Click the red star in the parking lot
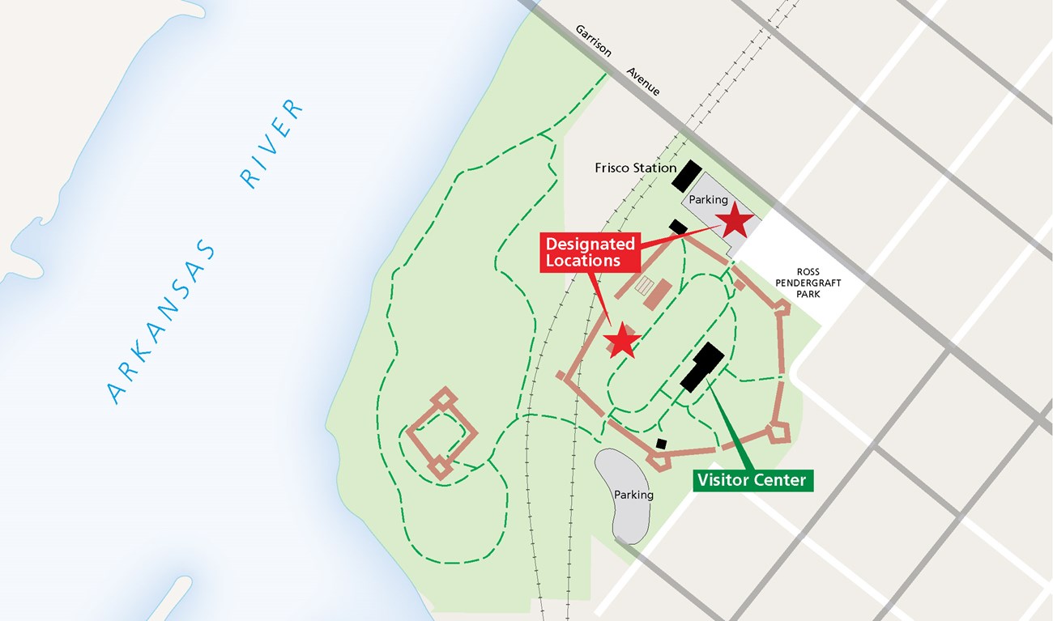pyautogui.click(x=735, y=220)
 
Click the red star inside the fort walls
pyautogui.click(x=622, y=341)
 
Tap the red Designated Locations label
pyautogui.click(x=589, y=252)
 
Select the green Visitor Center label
pyautogui.click(x=752, y=480)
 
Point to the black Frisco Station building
pyautogui.click(x=686, y=176)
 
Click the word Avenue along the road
pyautogui.click(x=643, y=81)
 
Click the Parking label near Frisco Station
pyautogui.click(x=708, y=199)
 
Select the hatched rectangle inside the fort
pyautogui.click(x=646, y=285)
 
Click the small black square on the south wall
pyautogui.click(x=662, y=444)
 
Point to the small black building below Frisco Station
pyautogui.click(x=678, y=228)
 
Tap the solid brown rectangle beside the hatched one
pyautogui.click(x=658, y=294)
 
